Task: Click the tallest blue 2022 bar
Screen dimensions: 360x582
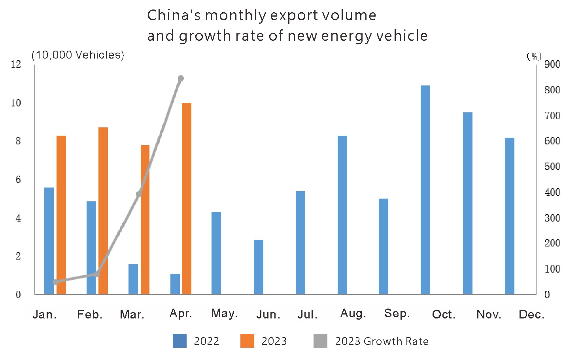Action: pyautogui.click(x=425, y=190)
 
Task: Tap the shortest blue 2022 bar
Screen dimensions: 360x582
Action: pyautogui.click(x=175, y=284)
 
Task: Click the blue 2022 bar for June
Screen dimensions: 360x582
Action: pyautogui.click(x=259, y=267)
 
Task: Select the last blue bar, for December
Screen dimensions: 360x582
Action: pyautogui.click(x=510, y=216)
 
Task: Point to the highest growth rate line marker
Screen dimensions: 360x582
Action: pyautogui.click(x=181, y=78)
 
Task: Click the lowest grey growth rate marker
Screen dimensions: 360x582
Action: pyautogui.click(x=56, y=282)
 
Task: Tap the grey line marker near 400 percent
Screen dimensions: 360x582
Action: pyautogui.click(x=139, y=194)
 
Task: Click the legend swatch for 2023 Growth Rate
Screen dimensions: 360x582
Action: pyautogui.click(x=320, y=341)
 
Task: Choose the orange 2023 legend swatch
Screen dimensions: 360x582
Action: pyautogui.click(x=247, y=341)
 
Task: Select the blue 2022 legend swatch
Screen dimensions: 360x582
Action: pyautogui.click(x=180, y=341)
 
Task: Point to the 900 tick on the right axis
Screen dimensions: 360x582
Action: pyautogui.click(x=552, y=64)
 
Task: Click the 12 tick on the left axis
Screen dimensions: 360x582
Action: pyautogui.click(x=16, y=64)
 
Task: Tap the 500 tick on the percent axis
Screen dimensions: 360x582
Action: pyautogui.click(x=552, y=167)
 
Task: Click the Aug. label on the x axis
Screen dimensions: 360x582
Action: pyautogui.click(x=353, y=314)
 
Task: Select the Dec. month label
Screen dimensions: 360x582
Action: pyautogui.click(x=531, y=315)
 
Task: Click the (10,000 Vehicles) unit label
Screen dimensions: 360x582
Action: pyautogui.click(x=78, y=55)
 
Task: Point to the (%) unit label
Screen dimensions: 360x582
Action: pyautogui.click(x=534, y=57)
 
